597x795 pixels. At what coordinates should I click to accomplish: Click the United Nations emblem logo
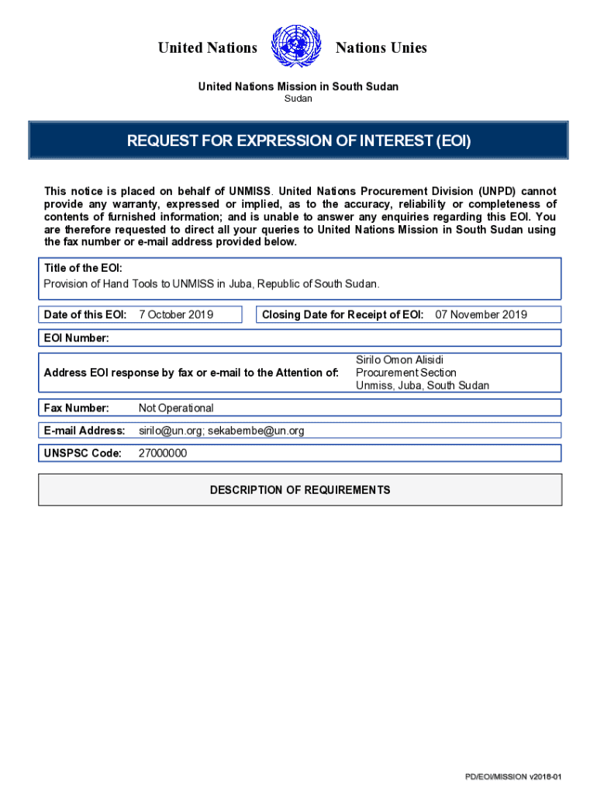click(296, 47)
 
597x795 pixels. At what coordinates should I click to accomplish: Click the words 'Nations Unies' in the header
click(381, 48)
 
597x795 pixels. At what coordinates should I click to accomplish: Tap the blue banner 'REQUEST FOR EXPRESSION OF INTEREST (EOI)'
click(298, 141)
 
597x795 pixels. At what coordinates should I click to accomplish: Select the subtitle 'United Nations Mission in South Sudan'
click(298, 86)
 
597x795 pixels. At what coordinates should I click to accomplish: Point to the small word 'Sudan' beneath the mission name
click(298, 99)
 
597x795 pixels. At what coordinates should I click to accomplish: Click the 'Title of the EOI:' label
click(83, 268)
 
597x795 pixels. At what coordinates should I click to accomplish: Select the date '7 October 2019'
click(176, 314)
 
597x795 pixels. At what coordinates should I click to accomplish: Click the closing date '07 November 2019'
click(481, 314)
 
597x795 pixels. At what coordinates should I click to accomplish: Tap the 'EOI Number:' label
click(77, 338)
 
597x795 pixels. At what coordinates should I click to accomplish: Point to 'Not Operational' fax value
click(176, 408)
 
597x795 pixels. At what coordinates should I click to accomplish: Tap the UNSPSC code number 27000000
click(162, 453)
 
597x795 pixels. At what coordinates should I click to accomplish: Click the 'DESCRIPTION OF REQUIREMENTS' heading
click(300, 490)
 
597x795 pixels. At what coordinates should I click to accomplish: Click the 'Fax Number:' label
click(76, 408)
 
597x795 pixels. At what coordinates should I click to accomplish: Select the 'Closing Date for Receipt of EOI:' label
click(343, 314)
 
